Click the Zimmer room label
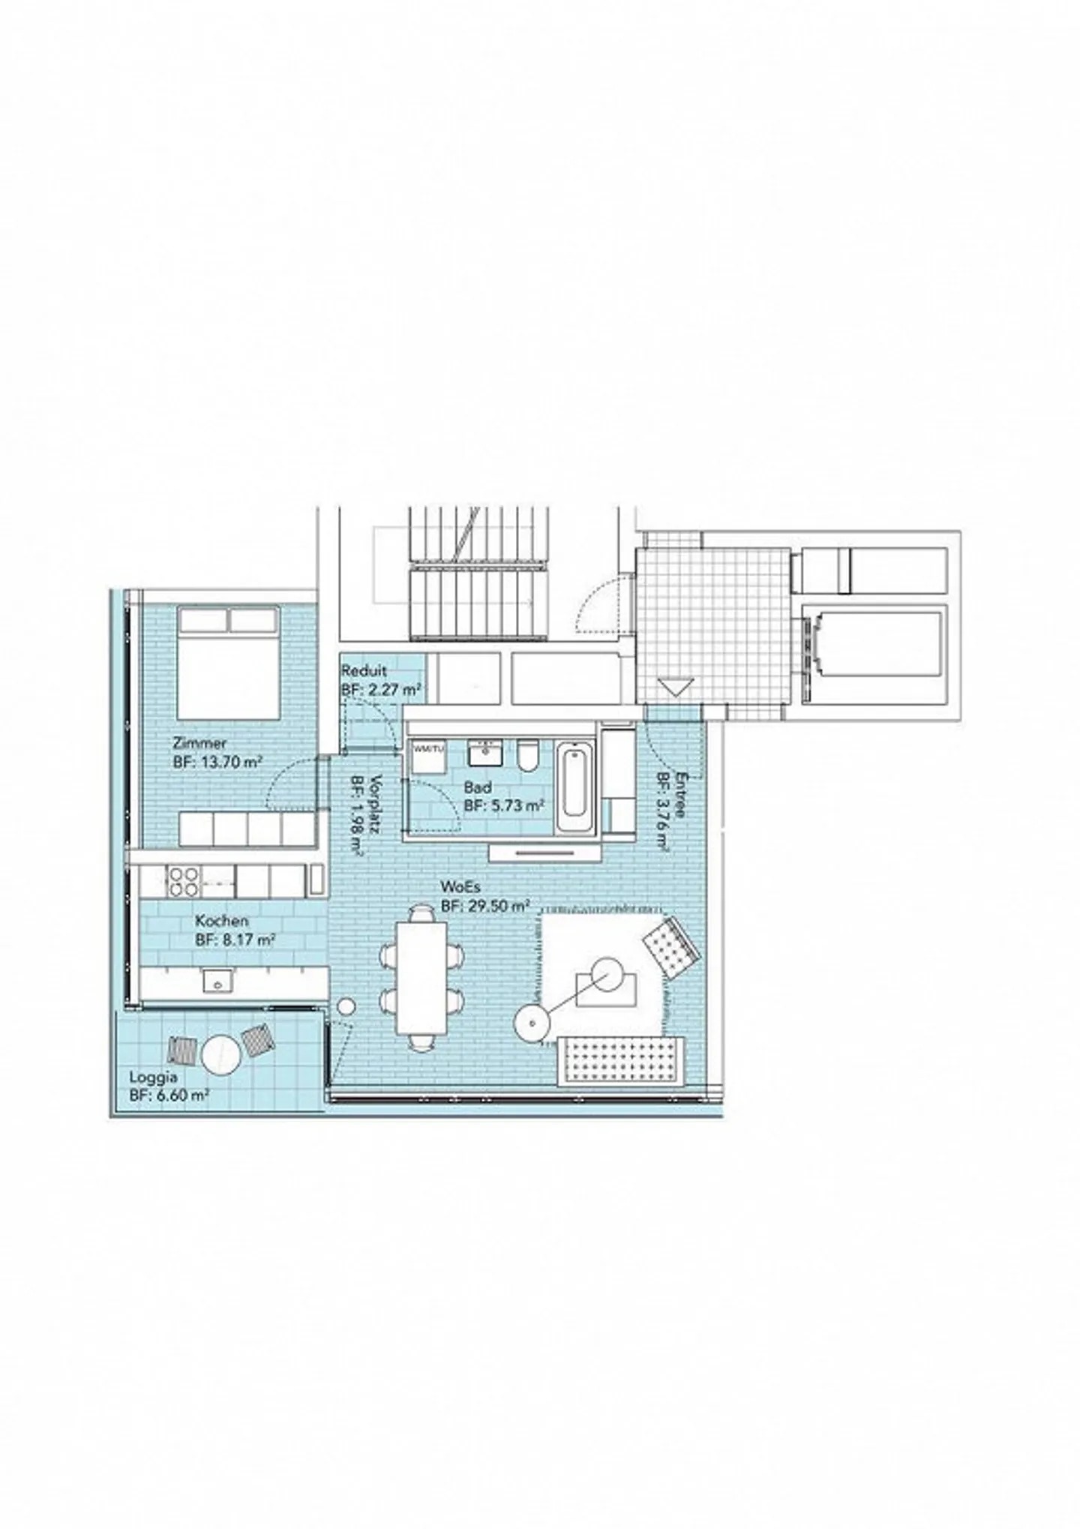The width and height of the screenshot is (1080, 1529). point(199,744)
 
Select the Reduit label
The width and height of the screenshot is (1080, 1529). point(364,671)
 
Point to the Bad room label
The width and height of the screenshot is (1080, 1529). point(478,787)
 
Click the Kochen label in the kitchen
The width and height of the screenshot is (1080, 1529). point(221,920)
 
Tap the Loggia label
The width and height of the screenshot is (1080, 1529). point(153,1077)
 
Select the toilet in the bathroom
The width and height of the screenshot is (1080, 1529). point(527,755)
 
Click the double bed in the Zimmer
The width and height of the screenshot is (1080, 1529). point(228,664)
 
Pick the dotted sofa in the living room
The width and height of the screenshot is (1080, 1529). point(622,1060)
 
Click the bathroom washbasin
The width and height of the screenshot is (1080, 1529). point(484,752)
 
